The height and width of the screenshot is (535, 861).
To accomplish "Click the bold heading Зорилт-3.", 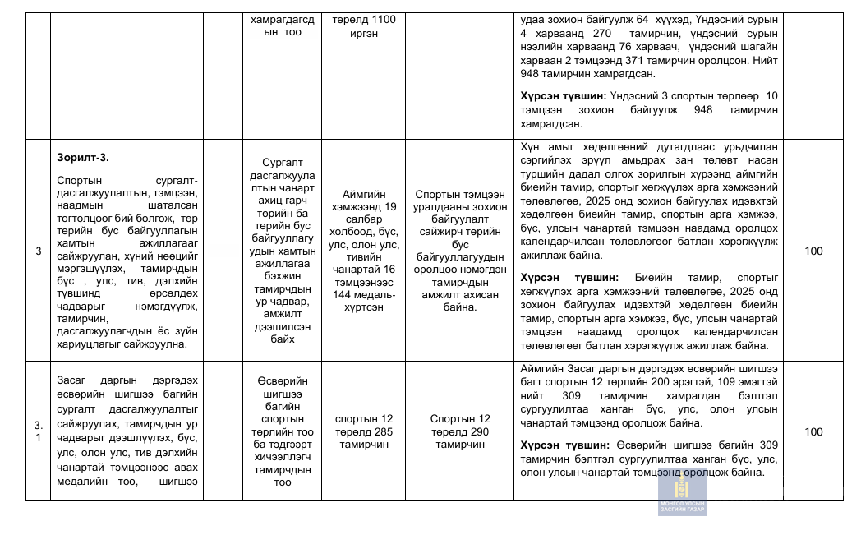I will [x=82, y=157].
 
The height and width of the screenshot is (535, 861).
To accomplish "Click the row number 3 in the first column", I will [x=39, y=251].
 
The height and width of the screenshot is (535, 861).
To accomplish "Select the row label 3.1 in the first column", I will [x=39, y=431].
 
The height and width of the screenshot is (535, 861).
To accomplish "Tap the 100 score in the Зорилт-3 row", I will [x=813, y=251].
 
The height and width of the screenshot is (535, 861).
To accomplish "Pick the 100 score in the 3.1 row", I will [x=813, y=431].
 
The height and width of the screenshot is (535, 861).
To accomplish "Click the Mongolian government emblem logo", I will [x=682, y=493].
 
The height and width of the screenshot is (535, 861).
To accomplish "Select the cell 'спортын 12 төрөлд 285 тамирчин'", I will [x=364, y=431].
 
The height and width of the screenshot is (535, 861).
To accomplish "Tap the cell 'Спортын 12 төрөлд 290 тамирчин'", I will [x=459, y=431].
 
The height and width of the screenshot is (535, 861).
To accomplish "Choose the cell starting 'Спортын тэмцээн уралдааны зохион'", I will [x=459, y=251].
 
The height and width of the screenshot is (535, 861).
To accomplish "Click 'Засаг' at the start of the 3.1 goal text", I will [x=72, y=382].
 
